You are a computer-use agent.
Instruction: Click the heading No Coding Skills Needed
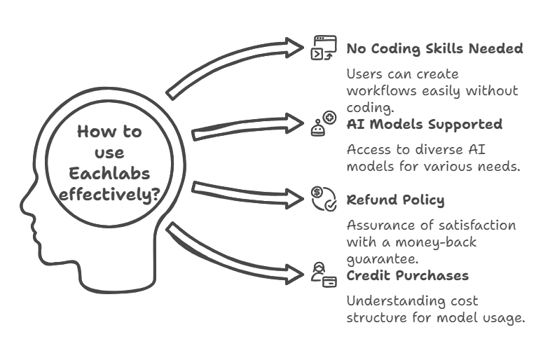click(434, 48)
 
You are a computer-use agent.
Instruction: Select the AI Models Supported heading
click(425, 124)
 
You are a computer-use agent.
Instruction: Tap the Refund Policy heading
click(395, 200)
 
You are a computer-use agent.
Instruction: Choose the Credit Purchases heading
click(408, 275)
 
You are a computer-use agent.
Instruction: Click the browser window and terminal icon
click(324, 48)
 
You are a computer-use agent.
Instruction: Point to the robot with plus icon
click(324, 123)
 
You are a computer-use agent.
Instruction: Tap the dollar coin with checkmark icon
click(324, 199)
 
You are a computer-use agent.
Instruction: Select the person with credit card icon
click(324, 275)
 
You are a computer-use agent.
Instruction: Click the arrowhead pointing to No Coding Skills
click(295, 48)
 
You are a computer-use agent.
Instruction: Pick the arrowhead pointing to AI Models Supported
click(295, 123)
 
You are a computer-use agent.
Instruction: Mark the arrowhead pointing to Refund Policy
click(295, 199)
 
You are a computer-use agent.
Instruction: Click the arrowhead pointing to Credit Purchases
click(295, 275)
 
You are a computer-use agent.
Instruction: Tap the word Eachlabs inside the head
click(109, 174)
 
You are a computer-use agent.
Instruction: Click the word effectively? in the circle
click(109, 195)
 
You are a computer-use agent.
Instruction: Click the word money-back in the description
click(436, 242)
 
